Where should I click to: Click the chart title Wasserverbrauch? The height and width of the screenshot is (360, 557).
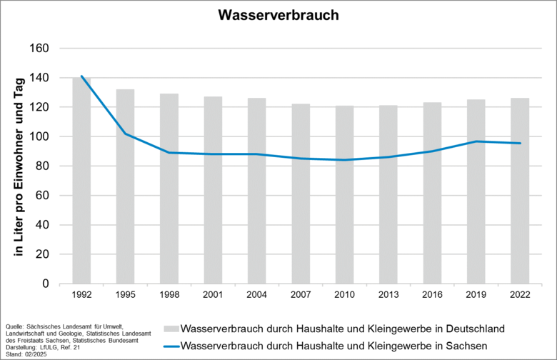(x=278, y=15)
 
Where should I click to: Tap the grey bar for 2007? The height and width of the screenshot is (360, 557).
(x=301, y=194)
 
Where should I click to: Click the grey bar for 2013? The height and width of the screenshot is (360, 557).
(x=388, y=194)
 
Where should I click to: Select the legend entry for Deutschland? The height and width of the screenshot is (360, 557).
(x=343, y=329)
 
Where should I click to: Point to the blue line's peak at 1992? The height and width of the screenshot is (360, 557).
(x=81, y=76)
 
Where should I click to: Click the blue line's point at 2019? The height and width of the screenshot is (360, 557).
(x=476, y=141)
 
